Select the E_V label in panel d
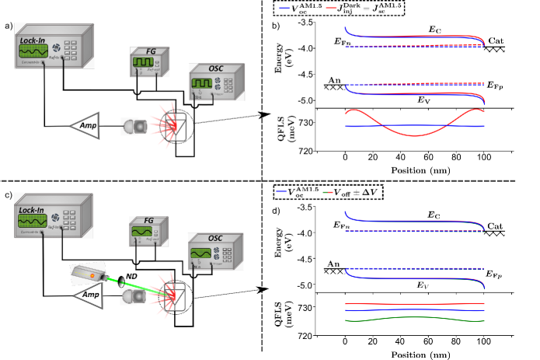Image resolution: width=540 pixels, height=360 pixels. (x=423, y=285)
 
